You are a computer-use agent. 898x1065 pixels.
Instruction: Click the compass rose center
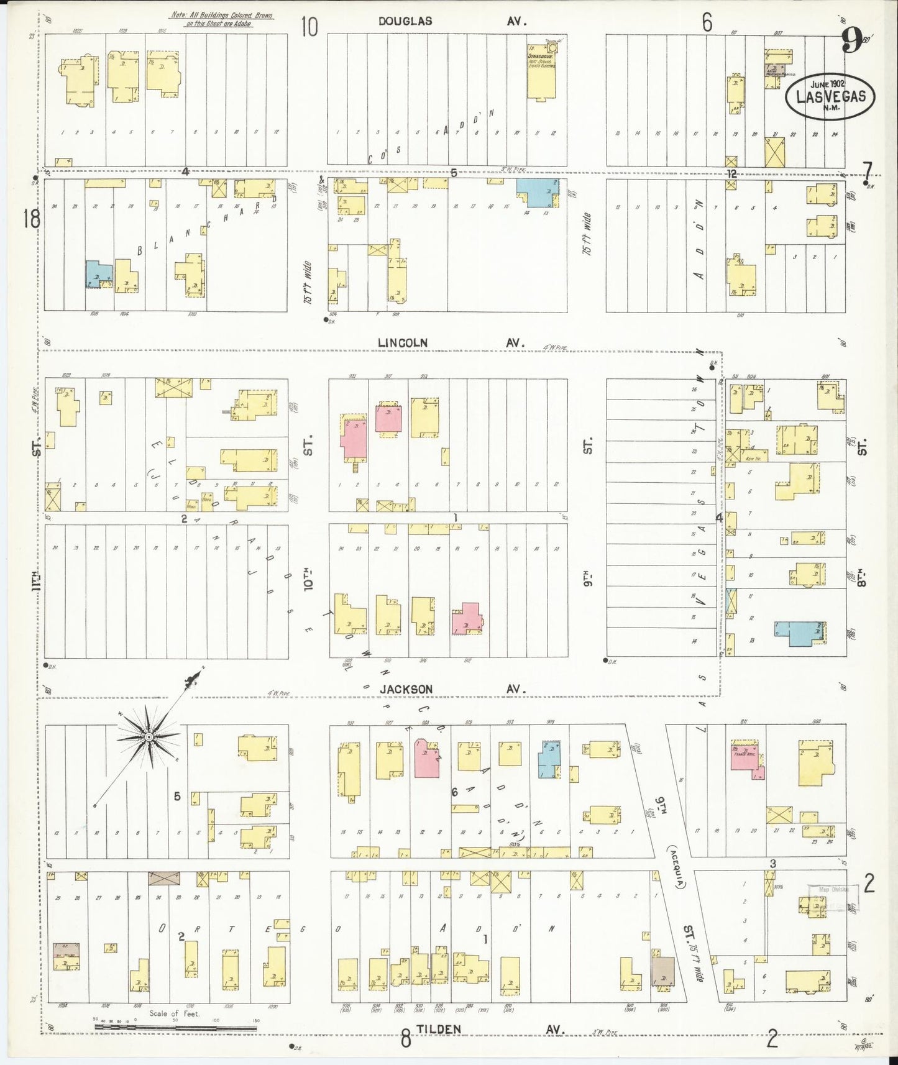tap(149, 737)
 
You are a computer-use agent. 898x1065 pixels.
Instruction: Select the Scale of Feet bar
tap(175, 1029)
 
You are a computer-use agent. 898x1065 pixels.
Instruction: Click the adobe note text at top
tap(221, 19)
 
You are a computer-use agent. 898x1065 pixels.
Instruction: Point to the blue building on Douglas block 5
tap(538, 193)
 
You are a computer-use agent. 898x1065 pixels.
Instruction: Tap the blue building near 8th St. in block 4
tap(799, 633)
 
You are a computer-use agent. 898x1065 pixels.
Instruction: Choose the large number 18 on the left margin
tap(31, 219)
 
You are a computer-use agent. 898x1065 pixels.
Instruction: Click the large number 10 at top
tap(309, 27)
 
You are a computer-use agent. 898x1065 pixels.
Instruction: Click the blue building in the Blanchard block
tap(98, 273)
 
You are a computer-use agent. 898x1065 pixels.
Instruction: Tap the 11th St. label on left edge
tap(37, 584)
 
